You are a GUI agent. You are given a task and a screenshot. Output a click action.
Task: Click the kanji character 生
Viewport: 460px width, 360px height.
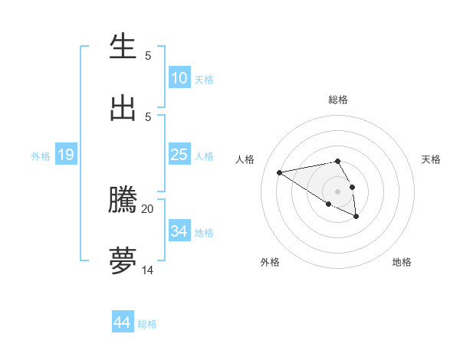click(123, 47)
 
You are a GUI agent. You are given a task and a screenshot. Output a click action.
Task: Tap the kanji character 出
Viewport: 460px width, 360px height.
click(123, 108)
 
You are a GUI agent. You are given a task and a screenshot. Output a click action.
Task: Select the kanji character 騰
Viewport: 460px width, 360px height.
click(123, 200)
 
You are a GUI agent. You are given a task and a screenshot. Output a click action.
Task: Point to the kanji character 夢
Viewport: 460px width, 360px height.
click(123, 261)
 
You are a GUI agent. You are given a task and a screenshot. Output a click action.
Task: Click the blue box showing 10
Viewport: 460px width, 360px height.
click(179, 78)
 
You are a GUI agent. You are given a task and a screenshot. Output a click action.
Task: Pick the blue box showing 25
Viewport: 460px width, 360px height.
click(179, 155)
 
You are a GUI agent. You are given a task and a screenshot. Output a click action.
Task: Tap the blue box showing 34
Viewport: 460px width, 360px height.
click(179, 231)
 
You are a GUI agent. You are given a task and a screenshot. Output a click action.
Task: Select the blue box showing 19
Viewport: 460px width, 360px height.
click(65, 155)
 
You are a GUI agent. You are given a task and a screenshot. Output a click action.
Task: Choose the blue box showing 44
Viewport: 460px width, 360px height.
click(122, 322)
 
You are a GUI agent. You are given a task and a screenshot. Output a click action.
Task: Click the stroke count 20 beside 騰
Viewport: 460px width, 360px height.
click(148, 208)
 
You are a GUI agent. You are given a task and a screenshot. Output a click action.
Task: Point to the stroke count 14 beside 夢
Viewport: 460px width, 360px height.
click(148, 270)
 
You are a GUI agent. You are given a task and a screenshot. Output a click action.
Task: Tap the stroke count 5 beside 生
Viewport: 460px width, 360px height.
click(148, 55)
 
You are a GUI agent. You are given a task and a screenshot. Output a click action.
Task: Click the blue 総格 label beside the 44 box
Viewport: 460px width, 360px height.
click(147, 324)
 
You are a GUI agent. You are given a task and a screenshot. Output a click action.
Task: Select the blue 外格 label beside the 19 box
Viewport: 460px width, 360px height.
click(41, 156)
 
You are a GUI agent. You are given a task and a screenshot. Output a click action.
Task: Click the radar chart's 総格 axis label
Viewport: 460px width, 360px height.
click(338, 100)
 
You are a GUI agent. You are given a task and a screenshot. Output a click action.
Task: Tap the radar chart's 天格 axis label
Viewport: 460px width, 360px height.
click(431, 159)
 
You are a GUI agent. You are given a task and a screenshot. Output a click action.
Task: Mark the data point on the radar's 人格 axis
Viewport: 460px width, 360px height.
click(280, 172)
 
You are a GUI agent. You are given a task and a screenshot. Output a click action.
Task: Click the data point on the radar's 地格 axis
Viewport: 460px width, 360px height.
click(356, 217)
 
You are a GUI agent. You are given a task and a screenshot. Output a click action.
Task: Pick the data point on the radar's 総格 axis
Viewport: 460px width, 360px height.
click(338, 161)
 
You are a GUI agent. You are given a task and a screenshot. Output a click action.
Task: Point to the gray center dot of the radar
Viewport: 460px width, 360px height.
click(338, 191)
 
